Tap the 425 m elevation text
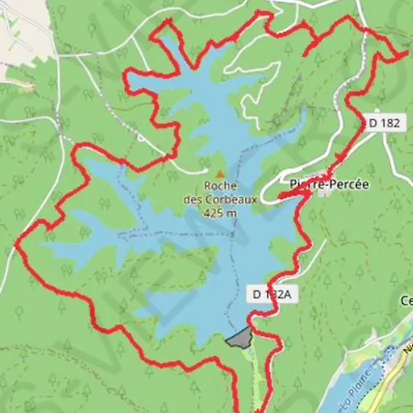pyautogui.click(x=220, y=213)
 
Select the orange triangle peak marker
pyautogui.click(x=218, y=173)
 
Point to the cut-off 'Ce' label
pyautogui.click(x=407, y=300)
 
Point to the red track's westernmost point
pyautogui.click(x=17, y=244)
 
